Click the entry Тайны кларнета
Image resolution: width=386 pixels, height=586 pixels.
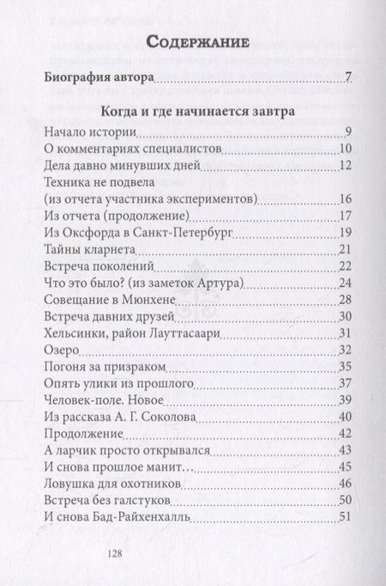point(86,250)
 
